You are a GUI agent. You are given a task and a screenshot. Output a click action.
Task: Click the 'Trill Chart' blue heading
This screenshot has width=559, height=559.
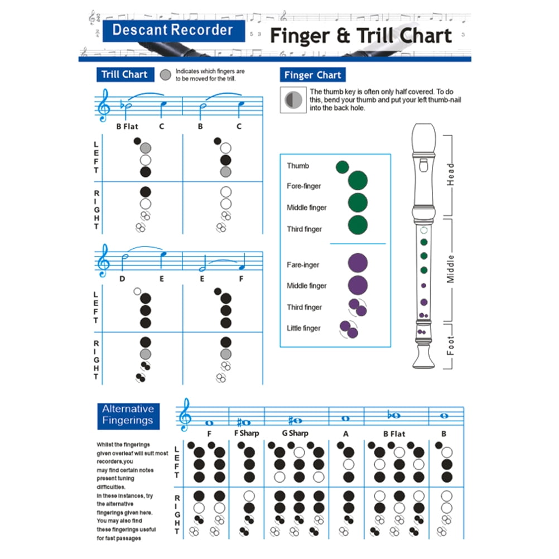click(124, 75)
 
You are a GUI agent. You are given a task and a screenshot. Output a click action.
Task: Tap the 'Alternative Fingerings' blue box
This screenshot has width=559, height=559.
click(128, 415)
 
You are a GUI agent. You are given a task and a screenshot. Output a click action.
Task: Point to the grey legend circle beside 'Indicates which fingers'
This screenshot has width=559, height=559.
click(166, 75)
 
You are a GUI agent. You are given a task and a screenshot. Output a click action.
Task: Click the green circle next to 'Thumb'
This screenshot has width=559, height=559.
click(342, 166)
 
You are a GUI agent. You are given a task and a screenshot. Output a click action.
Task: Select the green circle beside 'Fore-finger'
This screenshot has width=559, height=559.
click(358, 181)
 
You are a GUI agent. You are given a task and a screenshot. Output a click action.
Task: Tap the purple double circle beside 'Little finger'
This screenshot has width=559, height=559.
click(348, 329)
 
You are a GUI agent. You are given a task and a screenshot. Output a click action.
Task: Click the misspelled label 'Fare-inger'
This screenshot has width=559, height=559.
click(303, 264)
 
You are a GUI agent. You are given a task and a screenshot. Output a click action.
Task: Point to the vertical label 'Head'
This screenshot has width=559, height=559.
click(451, 174)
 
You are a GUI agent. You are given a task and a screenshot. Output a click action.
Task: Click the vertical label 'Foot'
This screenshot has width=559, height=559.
click(451, 345)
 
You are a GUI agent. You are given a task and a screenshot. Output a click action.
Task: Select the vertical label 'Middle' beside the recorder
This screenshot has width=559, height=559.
click(451, 268)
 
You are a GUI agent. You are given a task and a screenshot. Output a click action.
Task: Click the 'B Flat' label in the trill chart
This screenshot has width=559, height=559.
click(127, 127)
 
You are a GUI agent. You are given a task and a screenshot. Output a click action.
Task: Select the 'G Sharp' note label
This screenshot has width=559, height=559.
click(295, 433)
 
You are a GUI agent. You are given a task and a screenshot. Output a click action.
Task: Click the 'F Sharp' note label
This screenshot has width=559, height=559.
click(246, 433)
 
